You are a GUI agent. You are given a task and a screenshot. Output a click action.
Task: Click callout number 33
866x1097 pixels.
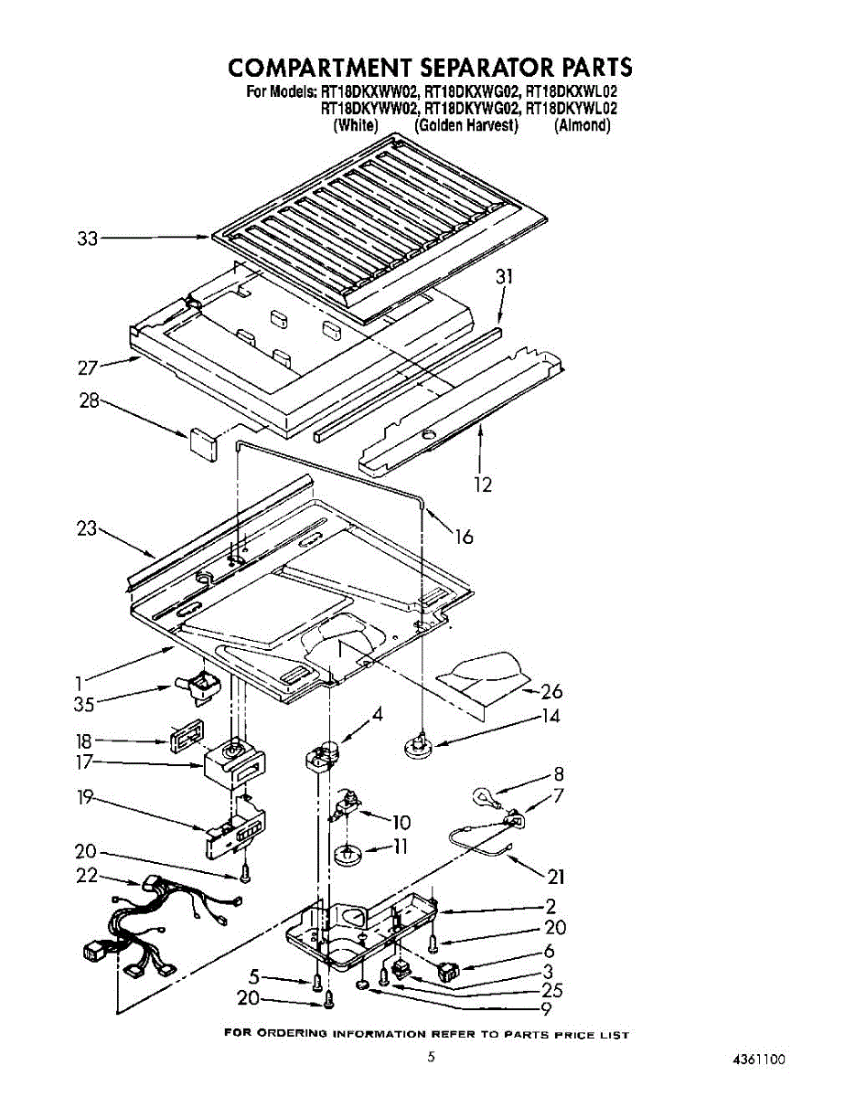pyautogui.click(x=87, y=240)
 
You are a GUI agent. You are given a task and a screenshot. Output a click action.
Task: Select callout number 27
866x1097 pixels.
pyautogui.click(x=88, y=368)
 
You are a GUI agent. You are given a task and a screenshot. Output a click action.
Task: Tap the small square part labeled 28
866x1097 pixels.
pyautogui.click(x=201, y=442)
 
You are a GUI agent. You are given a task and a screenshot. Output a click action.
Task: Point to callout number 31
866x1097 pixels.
pyautogui.click(x=505, y=277)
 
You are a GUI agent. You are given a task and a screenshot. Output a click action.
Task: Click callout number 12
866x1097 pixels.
pyautogui.click(x=482, y=484)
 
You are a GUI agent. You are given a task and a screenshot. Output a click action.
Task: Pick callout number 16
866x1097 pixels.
pyautogui.click(x=464, y=537)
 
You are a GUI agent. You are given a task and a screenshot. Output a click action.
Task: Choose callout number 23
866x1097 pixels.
pyautogui.click(x=87, y=528)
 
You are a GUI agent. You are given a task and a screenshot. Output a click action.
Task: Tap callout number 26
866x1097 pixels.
pyautogui.click(x=551, y=691)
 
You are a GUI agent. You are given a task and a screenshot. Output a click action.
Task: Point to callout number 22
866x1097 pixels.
pyautogui.click(x=87, y=875)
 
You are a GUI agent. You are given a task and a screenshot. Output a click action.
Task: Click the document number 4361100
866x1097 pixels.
pyautogui.click(x=758, y=1060)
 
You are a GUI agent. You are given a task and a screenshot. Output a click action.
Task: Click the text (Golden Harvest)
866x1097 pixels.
pyautogui.click(x=466, y=125)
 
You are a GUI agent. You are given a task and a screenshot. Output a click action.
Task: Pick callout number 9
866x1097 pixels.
pyautogui.click(x=545, y=1010)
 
